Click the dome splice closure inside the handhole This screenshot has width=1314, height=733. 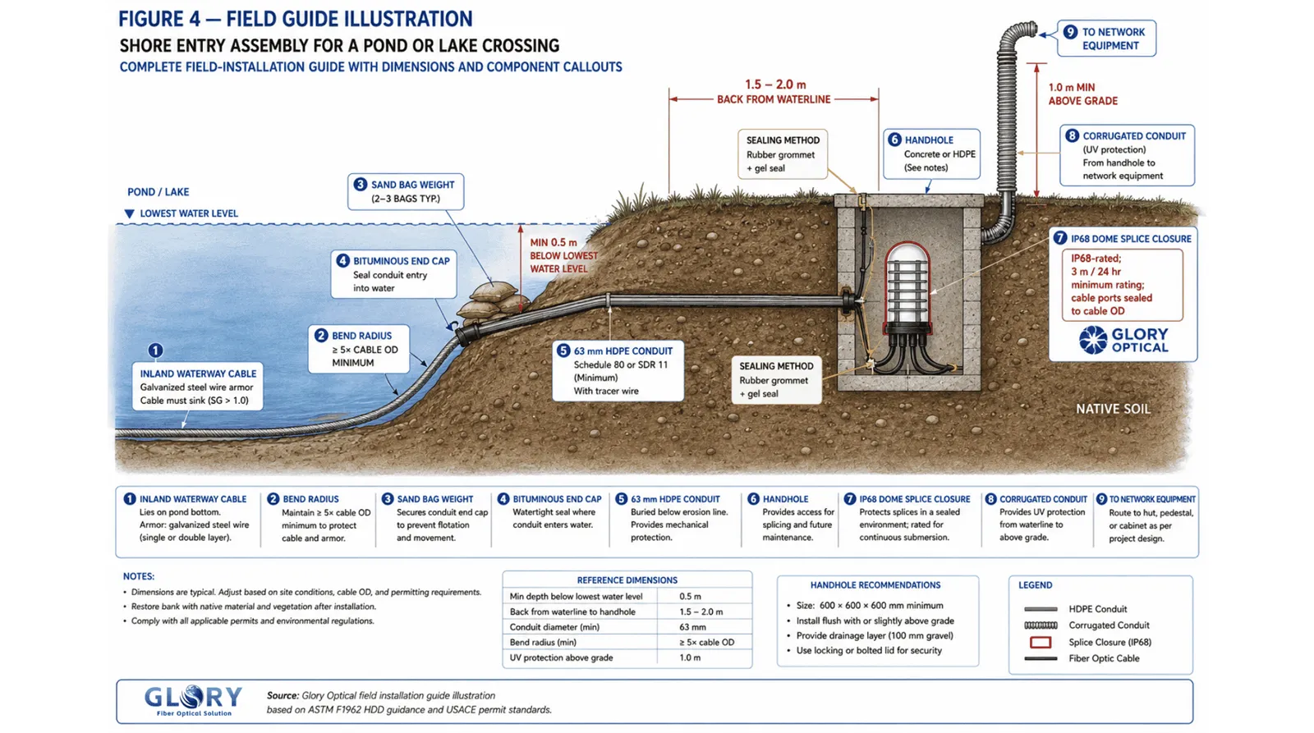907,293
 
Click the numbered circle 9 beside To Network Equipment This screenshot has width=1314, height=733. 1070,32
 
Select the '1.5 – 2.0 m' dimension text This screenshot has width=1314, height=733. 775,85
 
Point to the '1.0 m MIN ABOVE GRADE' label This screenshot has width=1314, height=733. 1083,94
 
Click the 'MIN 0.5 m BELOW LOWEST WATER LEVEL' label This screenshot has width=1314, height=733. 563,255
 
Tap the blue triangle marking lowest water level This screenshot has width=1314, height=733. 129,214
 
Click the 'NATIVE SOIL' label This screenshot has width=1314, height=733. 1113,409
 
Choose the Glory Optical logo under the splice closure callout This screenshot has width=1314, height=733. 1123,340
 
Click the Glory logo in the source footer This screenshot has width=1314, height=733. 193,701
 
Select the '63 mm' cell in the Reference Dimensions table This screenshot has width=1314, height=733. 692,627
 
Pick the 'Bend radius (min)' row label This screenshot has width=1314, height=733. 543,642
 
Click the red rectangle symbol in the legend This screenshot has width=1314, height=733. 1040,642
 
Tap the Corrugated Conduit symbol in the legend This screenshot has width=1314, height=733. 1040,625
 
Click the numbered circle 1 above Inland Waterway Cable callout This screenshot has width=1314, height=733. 155,350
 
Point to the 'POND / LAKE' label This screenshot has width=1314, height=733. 158,192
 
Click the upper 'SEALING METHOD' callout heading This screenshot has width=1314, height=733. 783,140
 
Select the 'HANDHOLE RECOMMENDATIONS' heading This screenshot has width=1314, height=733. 875,585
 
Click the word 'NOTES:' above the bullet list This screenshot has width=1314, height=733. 139,576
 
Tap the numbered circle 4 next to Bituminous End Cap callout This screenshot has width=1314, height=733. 342,261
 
